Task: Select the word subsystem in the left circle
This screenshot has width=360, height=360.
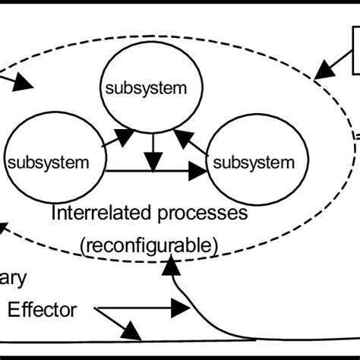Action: (x=47, y=162)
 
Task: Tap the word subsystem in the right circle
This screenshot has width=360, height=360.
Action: (x=253, y=162)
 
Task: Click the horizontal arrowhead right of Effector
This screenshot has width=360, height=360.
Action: (x=180, y=308)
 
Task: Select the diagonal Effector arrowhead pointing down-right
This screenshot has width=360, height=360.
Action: (x=132, y=331)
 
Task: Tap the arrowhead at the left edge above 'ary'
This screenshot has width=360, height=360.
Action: (x=4, y=229)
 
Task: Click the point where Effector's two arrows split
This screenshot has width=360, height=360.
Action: (x=99, y=308)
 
